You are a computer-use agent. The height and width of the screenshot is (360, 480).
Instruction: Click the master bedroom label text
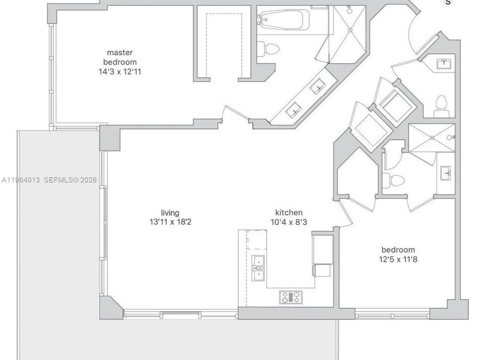tap(120, 57)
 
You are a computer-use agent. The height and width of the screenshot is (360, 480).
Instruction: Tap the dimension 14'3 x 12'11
tap(120, 72)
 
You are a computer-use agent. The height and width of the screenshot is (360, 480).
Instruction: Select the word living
tap(170, 213)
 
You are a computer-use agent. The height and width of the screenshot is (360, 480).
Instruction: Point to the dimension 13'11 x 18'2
tap(170, 222)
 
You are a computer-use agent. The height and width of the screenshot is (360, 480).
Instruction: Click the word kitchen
tap(289, 212)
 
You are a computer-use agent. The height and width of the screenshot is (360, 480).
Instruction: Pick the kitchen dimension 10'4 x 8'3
tap(289, 222)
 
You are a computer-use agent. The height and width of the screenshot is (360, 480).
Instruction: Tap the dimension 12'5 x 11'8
tap(398, 260)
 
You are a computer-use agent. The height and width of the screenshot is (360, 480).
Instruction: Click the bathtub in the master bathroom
tap(283, 20)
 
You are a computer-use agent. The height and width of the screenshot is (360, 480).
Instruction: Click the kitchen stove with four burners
tap(291, 297)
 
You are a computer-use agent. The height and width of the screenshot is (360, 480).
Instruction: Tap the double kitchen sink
tap(258, 268)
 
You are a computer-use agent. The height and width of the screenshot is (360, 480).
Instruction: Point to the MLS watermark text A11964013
tap(21, 180)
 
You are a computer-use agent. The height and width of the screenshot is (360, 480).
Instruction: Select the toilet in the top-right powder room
tap(442, 106)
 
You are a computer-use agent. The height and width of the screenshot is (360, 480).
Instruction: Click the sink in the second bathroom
tap(446, 173)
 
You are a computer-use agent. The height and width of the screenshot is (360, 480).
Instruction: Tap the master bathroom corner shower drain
tap(350, 30)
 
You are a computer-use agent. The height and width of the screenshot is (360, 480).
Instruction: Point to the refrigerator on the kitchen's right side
tap(322, 249)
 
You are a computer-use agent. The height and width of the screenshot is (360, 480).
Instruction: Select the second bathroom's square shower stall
tap(432, 138)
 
